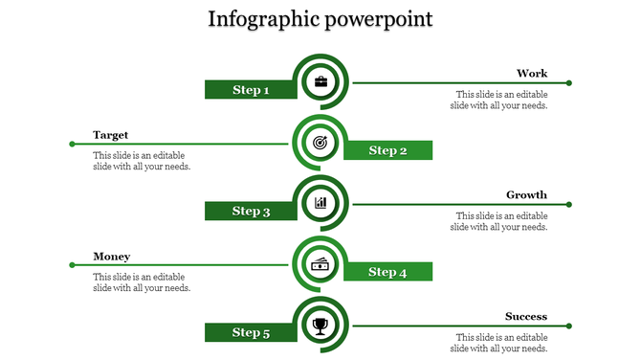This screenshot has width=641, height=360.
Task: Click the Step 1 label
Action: pos(251,90)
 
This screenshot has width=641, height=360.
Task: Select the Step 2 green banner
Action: pos(388,150)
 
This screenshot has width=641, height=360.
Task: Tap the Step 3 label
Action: pos(251,211)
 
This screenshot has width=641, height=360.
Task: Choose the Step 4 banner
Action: pos(388,272)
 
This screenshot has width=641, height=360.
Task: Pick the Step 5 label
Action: pos(251,332)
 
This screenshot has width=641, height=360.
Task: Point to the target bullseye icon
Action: pos(320,143)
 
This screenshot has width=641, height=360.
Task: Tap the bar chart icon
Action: pos(320,203)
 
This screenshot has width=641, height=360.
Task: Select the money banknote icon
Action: pos(320,264)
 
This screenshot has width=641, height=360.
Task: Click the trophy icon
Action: pos(320,326)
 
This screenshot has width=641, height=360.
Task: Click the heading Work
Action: pos(532,74)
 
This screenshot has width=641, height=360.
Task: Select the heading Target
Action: pos(111,135)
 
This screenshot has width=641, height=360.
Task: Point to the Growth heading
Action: pos(526,195)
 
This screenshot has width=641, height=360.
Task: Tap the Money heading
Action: pos(112,257)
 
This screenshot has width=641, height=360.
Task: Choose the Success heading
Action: pos(526,317)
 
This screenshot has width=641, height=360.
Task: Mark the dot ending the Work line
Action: pos(569,83)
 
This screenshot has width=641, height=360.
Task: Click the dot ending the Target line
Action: pos(72,145)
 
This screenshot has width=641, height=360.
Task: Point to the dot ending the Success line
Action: pos(569,326)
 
